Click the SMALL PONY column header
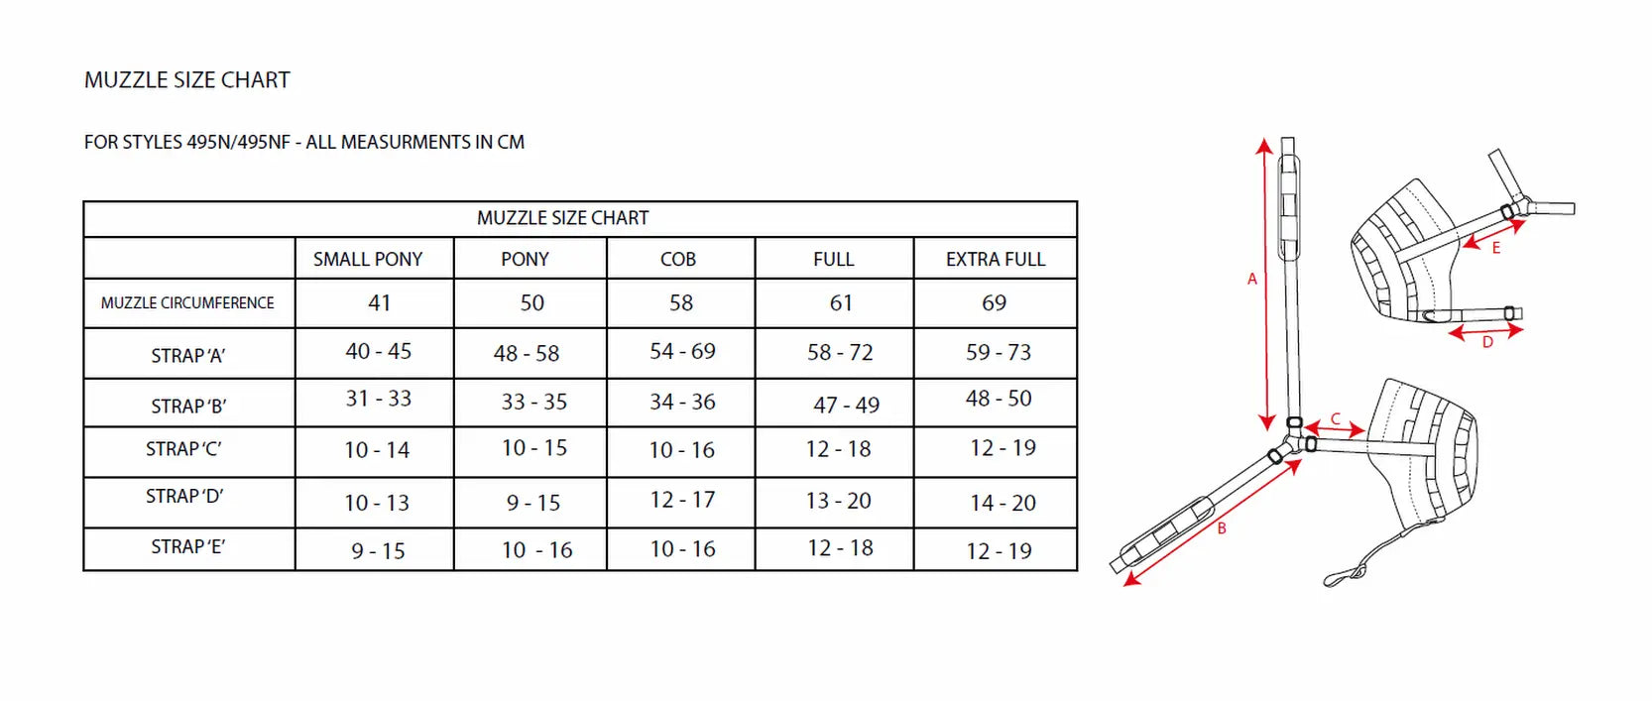[x=367, y=260]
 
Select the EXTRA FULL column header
[x=995, y=260]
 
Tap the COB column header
[x=678, y=260]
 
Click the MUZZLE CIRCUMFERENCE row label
[x=187, y=303]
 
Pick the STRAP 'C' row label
[x=183, y=449]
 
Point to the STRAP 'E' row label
[x=188, y=547]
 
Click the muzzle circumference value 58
[x=681, y=303]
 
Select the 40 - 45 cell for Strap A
[x=379, y=351]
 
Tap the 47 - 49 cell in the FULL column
[x=847, y=405]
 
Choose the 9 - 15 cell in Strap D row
[x=533, y=503]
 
